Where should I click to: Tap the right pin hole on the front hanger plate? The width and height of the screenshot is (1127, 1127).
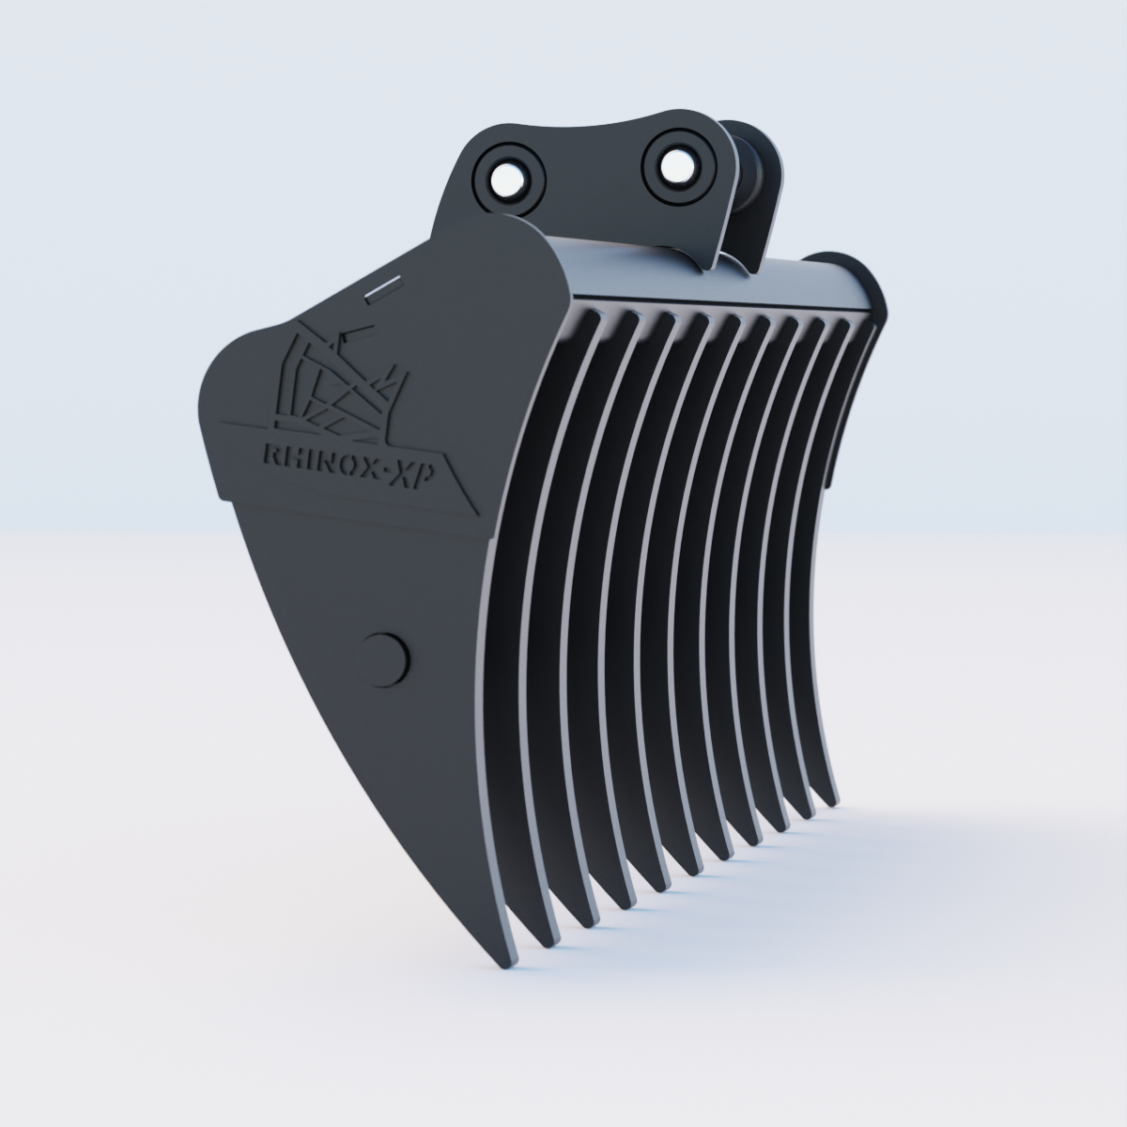(672, 166)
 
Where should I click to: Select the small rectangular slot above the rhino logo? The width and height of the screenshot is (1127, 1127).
(382, 288)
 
